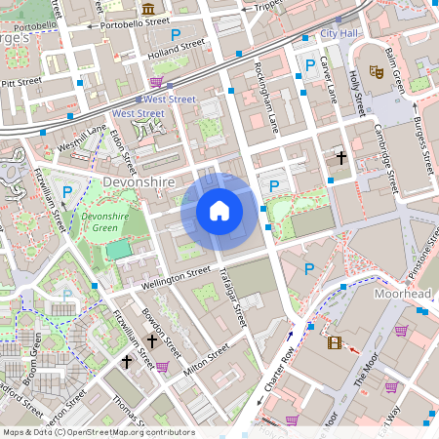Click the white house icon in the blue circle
[219, 211]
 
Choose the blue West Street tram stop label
[169, 100]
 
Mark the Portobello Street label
[135, 21]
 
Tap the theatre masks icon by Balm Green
[376, 71]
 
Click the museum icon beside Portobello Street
[148, 8]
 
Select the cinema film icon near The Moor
[336, 342]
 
